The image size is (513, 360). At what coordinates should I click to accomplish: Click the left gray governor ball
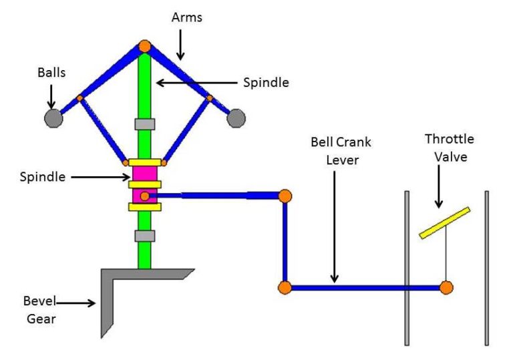(x=53, y=118)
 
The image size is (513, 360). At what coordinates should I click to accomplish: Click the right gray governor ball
(x=236, y=118)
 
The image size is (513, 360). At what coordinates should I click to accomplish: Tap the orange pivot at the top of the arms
(x=144, y=46)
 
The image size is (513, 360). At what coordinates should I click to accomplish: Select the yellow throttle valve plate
(x=444, y=222)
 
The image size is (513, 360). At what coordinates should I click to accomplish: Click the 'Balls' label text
(x=51, y=73)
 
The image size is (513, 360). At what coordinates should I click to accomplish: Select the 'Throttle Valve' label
(x=449, y=146)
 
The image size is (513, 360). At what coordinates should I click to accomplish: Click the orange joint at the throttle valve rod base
(x=446, y=288)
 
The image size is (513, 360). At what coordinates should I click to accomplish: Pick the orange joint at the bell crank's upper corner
(x=285, y=196)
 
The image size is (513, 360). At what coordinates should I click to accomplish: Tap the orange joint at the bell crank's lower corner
(x=285, y=288)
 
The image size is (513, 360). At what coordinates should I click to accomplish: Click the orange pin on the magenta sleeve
(x=144, y=196)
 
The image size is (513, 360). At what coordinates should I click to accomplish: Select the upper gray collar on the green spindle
(x=144, y=124)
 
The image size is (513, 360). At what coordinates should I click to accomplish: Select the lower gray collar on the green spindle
(x=144, y=236)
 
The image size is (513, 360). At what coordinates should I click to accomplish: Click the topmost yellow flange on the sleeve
(x=144, y=162)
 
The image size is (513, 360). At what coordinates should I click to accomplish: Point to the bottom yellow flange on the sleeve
(x=144, y=207)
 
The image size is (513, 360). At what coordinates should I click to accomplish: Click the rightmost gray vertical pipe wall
(x=486, y=267)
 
